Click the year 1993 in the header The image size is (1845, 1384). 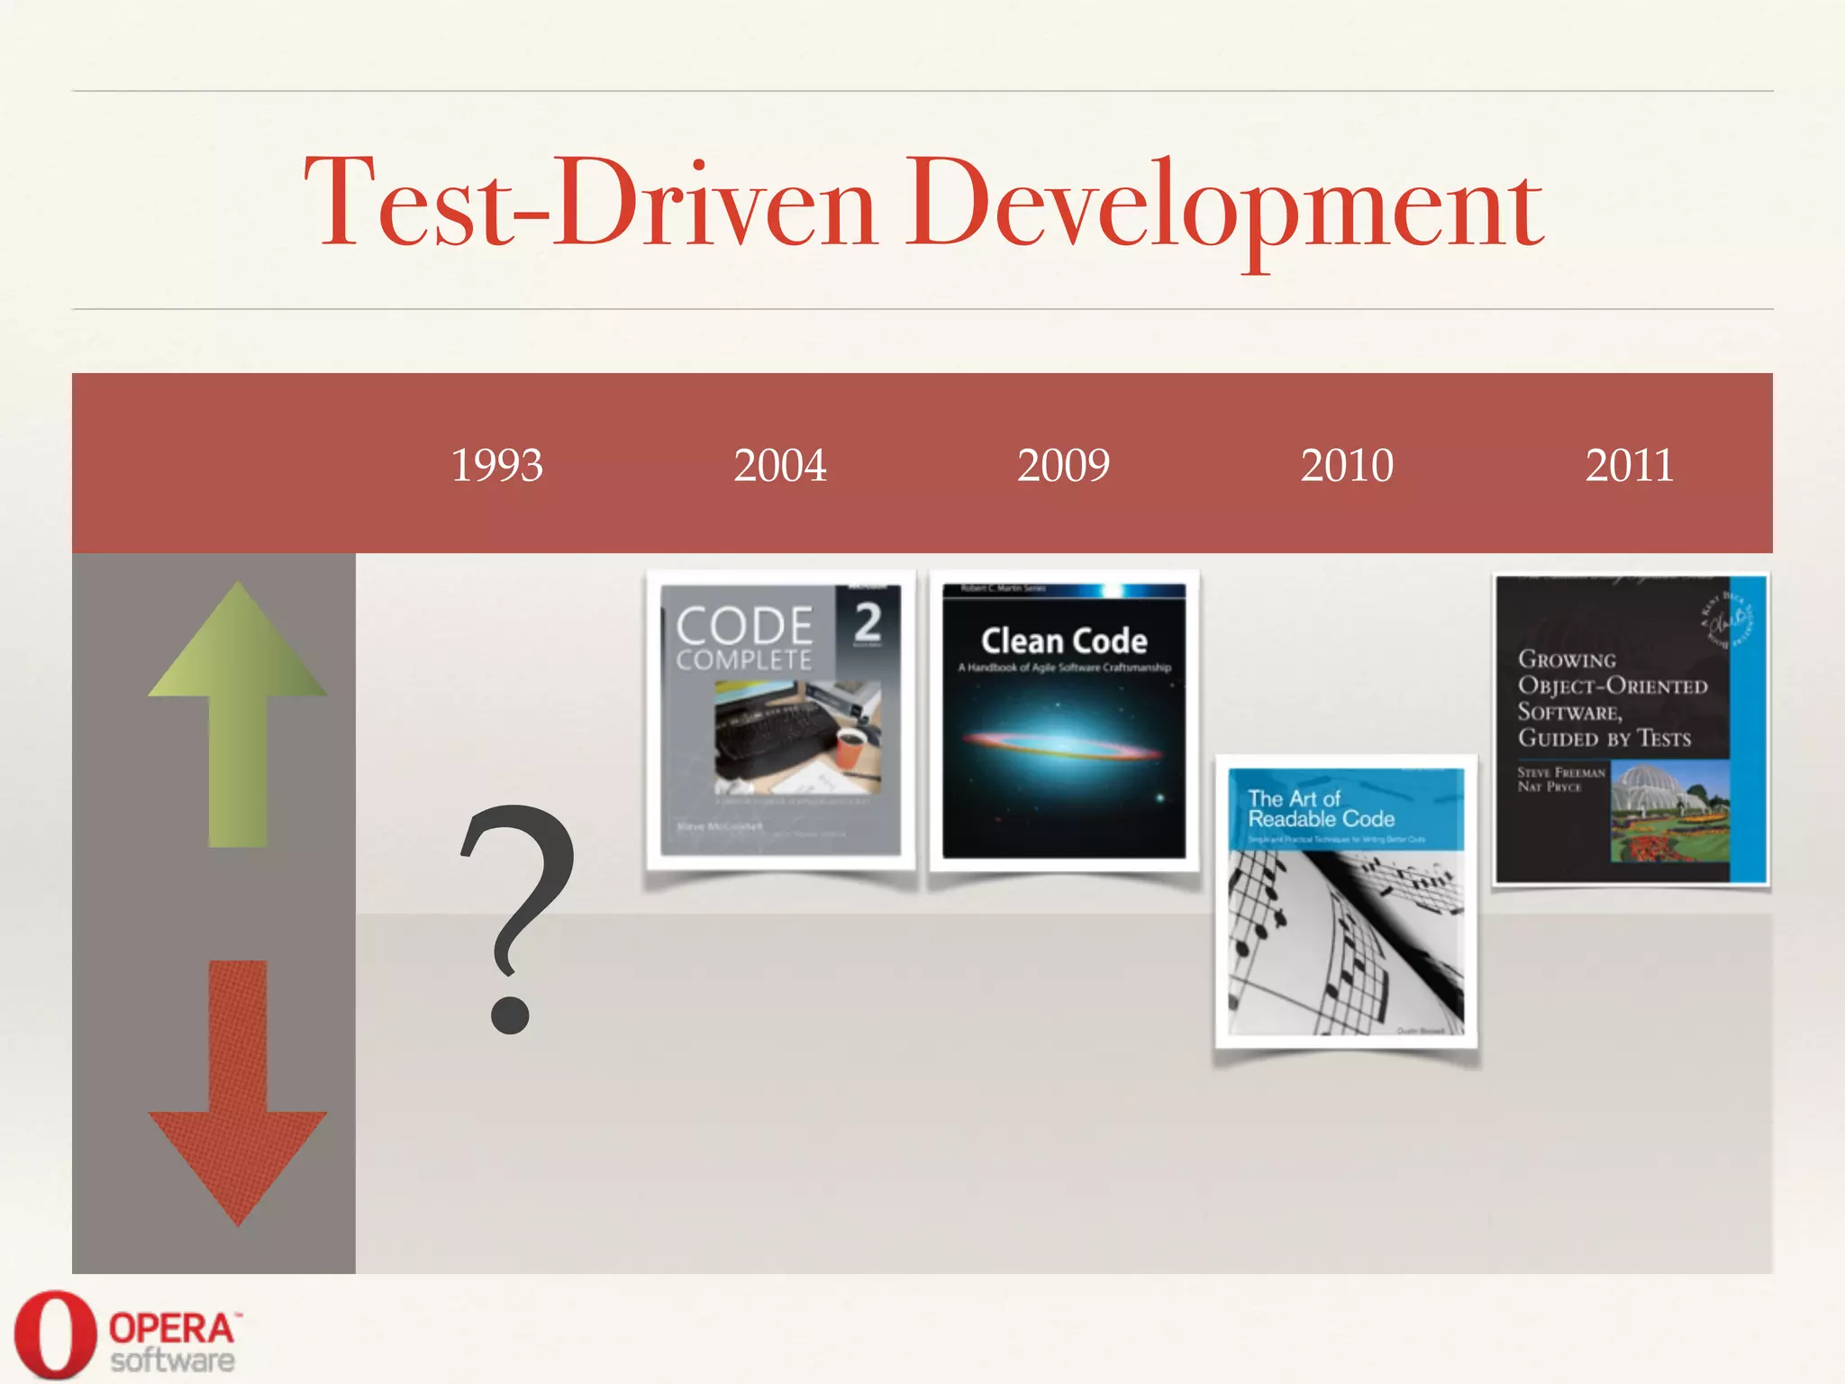pyautogui.click(x=496, y=466)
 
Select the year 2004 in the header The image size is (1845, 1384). pyautogui.click(x=780, y=466)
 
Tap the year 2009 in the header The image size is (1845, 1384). pyautogui.click(x=1063, y=466)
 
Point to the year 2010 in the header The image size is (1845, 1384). pyautogui.click(x=1347, y=466)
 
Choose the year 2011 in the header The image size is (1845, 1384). pyautogui.click(x=1629, y=466)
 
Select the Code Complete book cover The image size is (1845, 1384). pyautogui.click(x=780, y=720)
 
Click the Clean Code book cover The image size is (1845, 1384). pyautogui.click(x=1064, y=720)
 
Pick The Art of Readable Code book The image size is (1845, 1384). pyautogui.click(x=1346, y=901)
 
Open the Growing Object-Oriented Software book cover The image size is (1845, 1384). pyautogui.click(x=1631, y=729)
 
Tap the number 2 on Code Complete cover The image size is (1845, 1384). pyautogui.click(x=868, y=622)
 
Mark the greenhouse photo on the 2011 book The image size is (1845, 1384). pyautogui.click(x=1669, y=811)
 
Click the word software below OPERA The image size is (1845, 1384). pyautogui.click(x=172, y=1361)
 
